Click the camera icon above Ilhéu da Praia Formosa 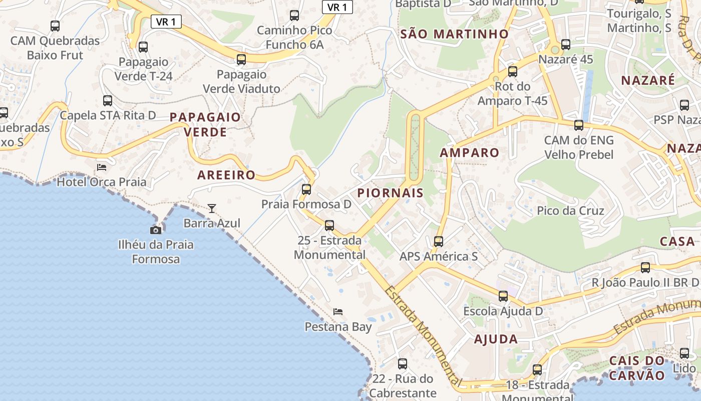pos(156,230)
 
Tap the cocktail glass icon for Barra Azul pos(212,208)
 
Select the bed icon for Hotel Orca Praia pos(102,167)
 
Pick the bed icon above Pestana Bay pos(338,312)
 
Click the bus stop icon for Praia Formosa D pos(306,189)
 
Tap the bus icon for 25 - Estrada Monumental pos(329,226)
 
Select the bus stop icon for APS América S pos(439,242)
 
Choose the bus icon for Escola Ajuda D pos(503,296)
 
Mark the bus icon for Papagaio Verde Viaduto pos(241,60)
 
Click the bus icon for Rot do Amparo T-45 pos(512,72)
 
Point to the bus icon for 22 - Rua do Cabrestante pos(403,364)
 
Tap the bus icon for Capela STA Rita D pos(108,101)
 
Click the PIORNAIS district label pos(391,193)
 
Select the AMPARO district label pos(470,153)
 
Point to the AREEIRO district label pos(226,175)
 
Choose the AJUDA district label pos(496,339)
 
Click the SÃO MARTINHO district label pos(455,34)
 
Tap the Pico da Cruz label pos(570,211)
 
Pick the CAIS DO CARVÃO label pos(637,368)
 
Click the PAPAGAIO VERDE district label pos(205,124)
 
